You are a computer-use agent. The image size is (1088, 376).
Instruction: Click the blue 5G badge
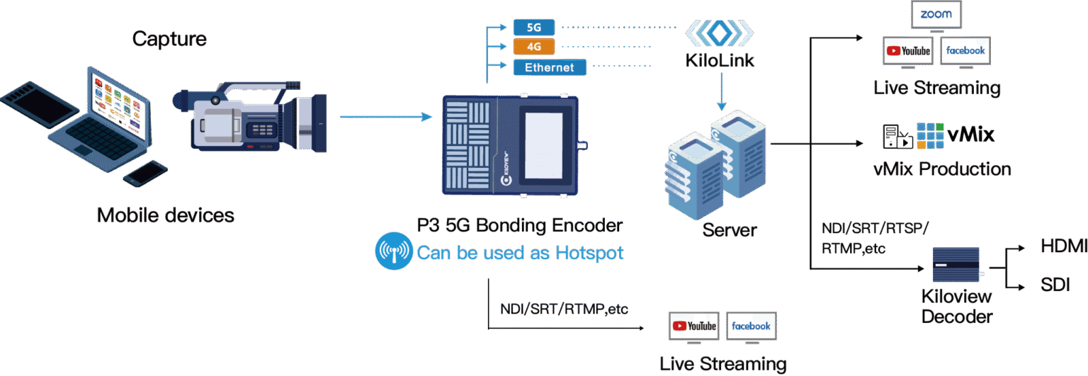(x=534, y=27)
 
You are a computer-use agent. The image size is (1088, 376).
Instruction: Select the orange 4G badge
(x=534, y=47)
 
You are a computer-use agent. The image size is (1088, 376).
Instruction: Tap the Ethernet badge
(x=549, y=67)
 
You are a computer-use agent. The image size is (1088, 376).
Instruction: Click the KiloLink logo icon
(x=719, y=32)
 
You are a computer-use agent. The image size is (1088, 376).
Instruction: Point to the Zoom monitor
(x=936, y=14)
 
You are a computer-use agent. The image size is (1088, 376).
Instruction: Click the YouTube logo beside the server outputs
(x=907, y=51)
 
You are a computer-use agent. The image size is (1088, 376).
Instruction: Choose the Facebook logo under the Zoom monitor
(x=965, y=50)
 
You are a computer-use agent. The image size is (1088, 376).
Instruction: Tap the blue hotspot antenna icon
(x=393, y=252)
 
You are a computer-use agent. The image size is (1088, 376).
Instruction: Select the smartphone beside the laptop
(x=146, y=173)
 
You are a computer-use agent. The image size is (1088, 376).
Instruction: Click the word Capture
(x=169, y=38)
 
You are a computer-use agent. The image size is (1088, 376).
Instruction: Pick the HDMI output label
(x=1062, y=246)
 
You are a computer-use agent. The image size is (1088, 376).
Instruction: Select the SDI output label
(x=1055, y=285)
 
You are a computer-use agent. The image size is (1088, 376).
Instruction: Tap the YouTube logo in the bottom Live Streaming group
(x=694, y=326)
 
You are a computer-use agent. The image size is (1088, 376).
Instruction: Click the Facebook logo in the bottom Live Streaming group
(x=751, y=326)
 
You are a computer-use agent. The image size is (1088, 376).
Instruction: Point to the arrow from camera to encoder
(x=386, y=117)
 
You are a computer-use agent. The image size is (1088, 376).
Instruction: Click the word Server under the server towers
(x=730, y=230)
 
